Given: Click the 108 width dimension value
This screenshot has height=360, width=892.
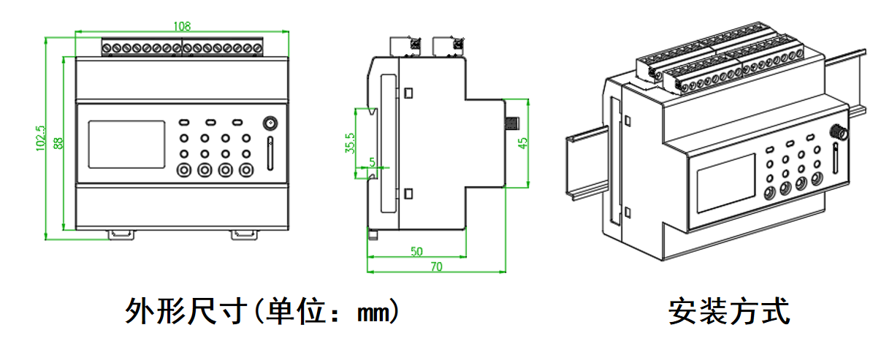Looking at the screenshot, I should point(182,26).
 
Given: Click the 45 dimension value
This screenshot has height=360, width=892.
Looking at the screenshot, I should point(522,142).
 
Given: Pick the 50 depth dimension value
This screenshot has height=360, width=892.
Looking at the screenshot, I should point(416,252).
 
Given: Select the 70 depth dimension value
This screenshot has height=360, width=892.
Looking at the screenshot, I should point(435,267).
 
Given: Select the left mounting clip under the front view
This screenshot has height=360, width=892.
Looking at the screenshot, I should point(121,234).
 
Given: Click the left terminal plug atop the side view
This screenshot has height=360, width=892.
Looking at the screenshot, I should point(407,45).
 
